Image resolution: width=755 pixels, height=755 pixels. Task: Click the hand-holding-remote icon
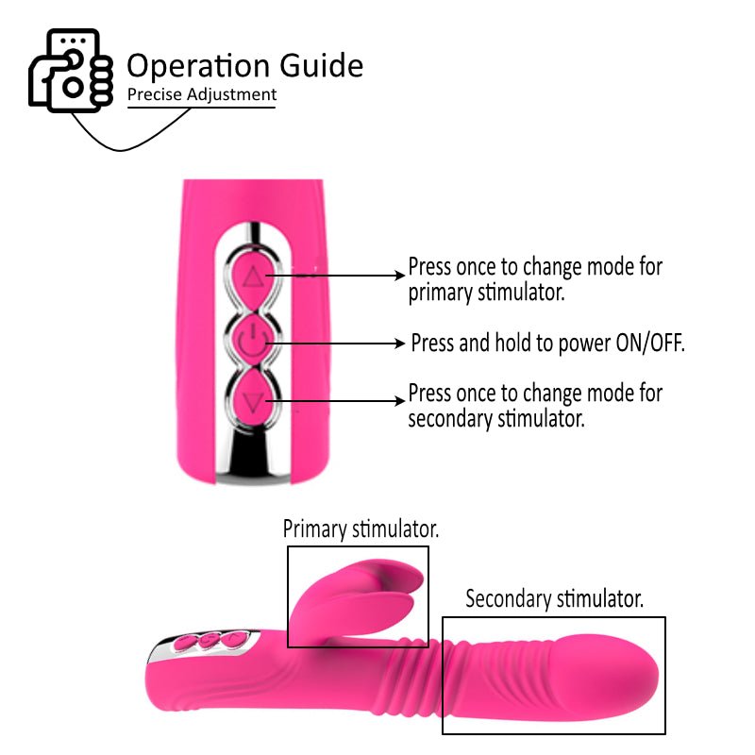click(71, 71)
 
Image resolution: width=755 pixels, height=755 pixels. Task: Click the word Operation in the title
click(198, 65)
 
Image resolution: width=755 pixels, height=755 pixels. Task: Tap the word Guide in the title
click(321, 65)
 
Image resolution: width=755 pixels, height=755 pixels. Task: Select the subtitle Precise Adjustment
click(202, 94)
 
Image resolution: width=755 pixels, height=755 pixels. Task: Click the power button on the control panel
click(253, 341)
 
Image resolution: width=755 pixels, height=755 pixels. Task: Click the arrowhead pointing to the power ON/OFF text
click(399, 344)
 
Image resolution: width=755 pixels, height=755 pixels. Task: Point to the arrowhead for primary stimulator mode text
click(399, 276)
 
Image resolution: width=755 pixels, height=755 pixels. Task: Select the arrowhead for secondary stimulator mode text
click(399, 400)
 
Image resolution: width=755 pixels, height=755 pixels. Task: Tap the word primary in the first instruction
click(440, 294)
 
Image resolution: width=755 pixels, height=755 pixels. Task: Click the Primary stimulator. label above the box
click(361, 529)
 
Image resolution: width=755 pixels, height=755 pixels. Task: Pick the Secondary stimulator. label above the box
click(554, 599)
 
